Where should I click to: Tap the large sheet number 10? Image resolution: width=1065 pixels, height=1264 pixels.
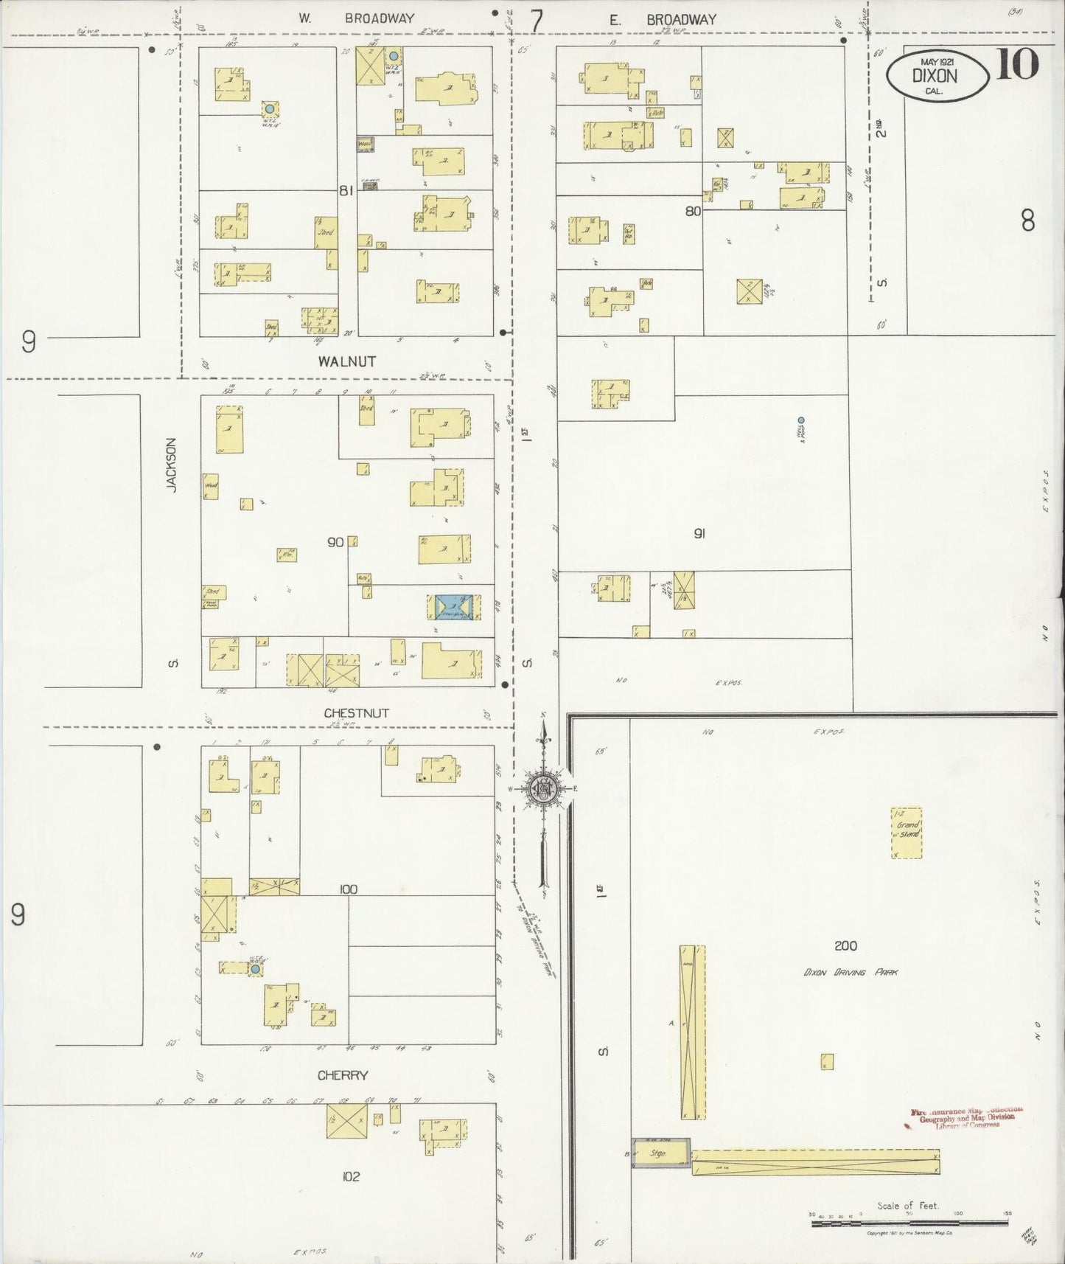1018,63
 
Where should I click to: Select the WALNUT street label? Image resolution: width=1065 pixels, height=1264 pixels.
347,361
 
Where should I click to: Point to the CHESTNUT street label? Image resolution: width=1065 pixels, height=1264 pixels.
357,713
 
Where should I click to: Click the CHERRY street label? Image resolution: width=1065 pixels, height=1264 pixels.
343,1075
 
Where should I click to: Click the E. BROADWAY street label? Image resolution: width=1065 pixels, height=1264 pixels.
663,20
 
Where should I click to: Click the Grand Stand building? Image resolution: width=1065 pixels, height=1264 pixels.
907,832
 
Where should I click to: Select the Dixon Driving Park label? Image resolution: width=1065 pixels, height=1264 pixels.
851,973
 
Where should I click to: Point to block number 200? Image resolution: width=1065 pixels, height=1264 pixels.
846,946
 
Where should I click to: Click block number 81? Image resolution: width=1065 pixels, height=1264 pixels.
346,190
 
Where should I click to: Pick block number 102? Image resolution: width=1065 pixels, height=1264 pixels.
351,1176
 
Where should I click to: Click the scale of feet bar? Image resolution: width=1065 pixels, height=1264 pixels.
910,1223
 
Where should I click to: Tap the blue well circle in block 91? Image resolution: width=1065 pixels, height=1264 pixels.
801,420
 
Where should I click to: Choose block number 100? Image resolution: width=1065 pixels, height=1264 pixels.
348,889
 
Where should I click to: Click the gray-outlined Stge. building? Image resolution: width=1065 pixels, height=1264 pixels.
661,1153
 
